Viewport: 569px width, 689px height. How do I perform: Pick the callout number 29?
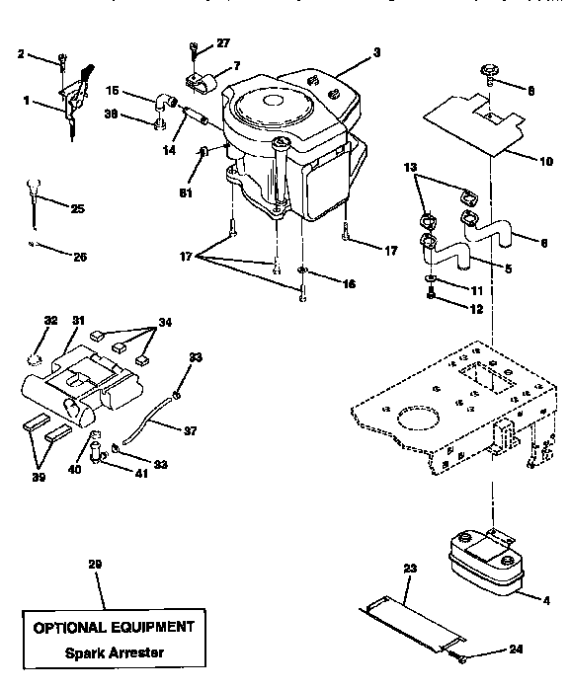click(x=95, y=564)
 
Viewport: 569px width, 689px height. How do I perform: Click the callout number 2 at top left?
click(x=21, y=54)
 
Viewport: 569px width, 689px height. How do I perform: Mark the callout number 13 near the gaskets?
click(x=411, y=169)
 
